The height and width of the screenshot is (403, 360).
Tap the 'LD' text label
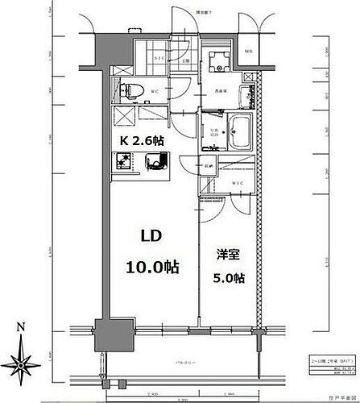[155, 238]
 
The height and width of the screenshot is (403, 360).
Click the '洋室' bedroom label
[226, 254]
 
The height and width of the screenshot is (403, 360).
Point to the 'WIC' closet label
[238, 183]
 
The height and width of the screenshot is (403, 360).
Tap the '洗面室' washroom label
[219, 91]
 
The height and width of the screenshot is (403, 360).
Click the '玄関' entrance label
[184, 61]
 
